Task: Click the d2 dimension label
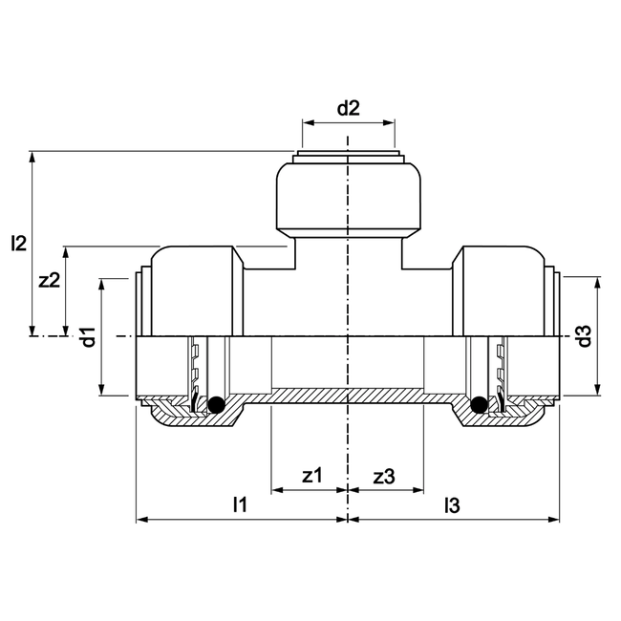coord(348,108)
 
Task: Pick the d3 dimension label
coord(585,336)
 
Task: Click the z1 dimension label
coord(311,475)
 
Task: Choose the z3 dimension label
coord(384,475)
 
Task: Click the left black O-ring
coord(217,406)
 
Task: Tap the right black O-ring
coord(479,406)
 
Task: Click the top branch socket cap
coord(348,201)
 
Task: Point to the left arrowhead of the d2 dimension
coord(307,122)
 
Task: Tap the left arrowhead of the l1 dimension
coord(142,520)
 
